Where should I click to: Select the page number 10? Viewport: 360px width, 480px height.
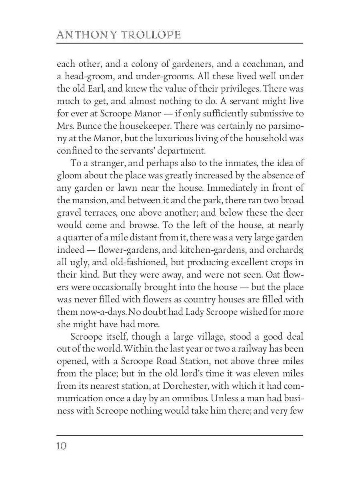[61, 446]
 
